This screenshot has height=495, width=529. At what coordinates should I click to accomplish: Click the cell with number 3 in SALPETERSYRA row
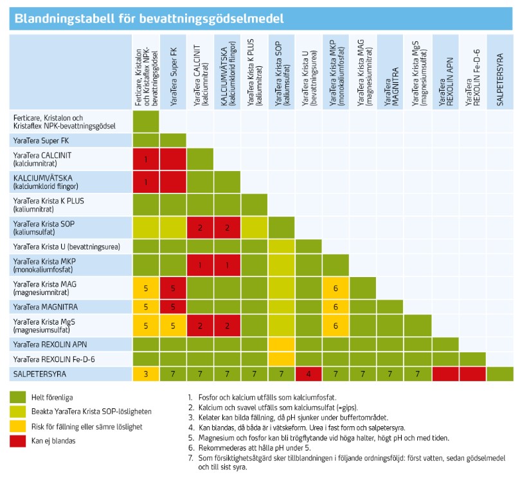coord(146,373)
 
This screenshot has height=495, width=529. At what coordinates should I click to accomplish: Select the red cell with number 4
coord(309,373)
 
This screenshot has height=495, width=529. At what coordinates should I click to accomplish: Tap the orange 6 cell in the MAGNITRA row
coord(336,307)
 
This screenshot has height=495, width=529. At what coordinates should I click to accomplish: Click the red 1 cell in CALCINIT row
coord(146,158)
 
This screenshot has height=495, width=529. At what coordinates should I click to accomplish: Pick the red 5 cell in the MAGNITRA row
coord(173,307)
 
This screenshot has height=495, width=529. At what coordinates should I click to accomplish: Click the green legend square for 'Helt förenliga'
coord(24,398)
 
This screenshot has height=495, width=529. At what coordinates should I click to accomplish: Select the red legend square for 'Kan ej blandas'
coord(24,440)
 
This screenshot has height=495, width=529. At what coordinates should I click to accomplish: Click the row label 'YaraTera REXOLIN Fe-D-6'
coord(54,357)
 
